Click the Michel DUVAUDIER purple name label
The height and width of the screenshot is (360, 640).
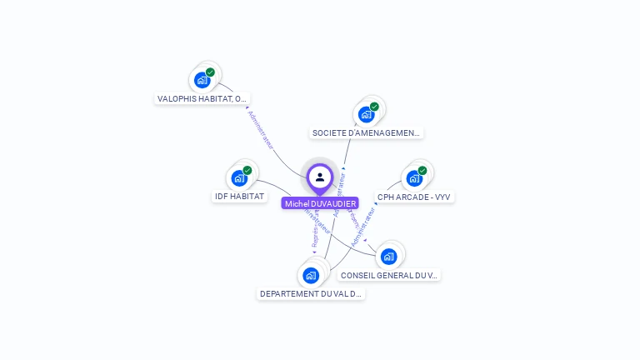click(x=320, y=203)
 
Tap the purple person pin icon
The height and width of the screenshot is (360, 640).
click(x=320, y=177)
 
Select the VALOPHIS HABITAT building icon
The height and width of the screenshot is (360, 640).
click(x=202, y=80)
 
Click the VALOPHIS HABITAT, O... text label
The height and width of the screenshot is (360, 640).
click(x=202, y=98)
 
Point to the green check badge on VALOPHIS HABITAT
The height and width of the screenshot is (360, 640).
click(x=210, y=72)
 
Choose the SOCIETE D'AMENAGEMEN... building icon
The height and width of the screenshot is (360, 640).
click(x=366, y=114)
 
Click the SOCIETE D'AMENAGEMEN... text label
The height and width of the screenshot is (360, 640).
click(x=367, y=132)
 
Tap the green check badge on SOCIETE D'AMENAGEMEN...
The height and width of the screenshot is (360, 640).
click(x=374, y=107)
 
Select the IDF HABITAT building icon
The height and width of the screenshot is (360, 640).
click(x=239, y=178)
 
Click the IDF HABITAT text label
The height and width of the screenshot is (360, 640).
click(x=239, y=197)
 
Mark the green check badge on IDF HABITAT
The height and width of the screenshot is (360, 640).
click(x=247, y=171)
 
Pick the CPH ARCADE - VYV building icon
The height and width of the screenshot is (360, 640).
click(x=414, y=178)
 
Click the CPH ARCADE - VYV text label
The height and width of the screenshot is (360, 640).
click(x=415, y=197)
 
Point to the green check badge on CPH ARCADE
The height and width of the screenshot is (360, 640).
click(x=422, y=171)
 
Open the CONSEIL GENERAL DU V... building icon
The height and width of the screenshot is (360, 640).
click(x=388, y=257)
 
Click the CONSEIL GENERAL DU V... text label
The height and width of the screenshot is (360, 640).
click(x=389, y=275)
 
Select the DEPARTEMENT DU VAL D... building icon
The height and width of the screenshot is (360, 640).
click(x=311, y=275)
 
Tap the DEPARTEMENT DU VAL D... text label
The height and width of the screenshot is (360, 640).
click(x=311, y=294)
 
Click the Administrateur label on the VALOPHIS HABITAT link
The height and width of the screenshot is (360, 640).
click(x=261, y=129)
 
